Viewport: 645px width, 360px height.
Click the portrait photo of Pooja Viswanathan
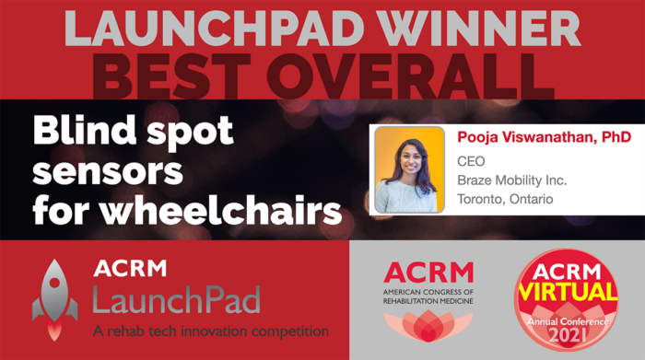point(409,170)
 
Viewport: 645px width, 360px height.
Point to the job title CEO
point(471,161)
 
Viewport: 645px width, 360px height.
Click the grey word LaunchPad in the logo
point(175,298)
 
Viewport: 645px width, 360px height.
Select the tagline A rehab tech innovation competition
point(209,330)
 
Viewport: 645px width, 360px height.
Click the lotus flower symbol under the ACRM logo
point(428,327)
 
